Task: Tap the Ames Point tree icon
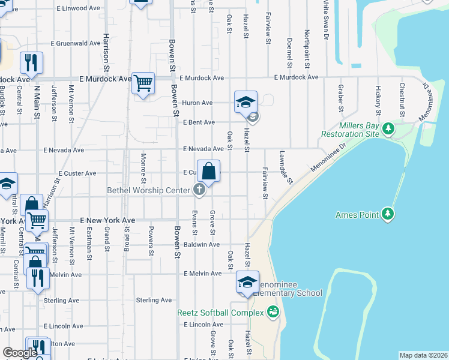(x=388, y=213)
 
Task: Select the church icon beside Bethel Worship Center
(x=199, y=191)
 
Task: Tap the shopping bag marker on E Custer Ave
(x=208, y=172)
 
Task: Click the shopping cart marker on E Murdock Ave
(x=143, y=83)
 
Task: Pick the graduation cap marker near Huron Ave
(x=246, y=102)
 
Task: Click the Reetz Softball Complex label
(x=220, y=313)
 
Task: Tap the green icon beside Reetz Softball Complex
(x=273, y=311)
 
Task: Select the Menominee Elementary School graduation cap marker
(x=247, y=282)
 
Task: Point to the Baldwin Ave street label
(x=206, y=245)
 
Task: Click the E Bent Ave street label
(x=199, y=122)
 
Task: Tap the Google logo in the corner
(x=20, y=353)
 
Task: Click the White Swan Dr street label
(x=325, y=19)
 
